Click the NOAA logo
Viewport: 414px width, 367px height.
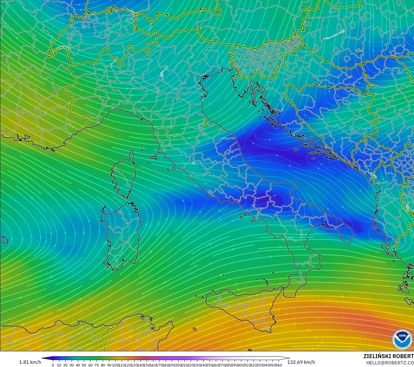[402, 339]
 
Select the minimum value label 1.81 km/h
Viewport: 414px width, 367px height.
[30, 362]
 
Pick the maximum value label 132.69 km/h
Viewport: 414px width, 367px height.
[301, 362]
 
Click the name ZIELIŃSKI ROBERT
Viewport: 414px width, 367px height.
[388, 356]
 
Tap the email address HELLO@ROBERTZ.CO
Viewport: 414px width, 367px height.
[390, 363]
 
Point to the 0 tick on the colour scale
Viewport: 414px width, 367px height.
[53, 365]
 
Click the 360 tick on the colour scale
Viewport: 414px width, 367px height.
[280, 365]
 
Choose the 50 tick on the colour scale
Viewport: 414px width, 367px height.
[84, 365]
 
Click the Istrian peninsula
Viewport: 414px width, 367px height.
[240, 86]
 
